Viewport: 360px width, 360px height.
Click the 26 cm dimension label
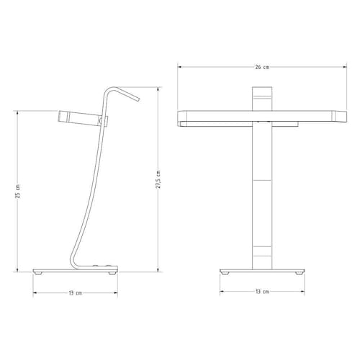[x=262, y=67]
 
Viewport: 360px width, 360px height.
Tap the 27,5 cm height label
[x=158, y=179]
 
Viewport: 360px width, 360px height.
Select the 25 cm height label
[x=18, y=191]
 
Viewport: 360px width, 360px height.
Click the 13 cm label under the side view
[x=76, y=293]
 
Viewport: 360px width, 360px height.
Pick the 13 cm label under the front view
[x=262, y=292]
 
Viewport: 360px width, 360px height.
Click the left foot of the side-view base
[x=38, y=273]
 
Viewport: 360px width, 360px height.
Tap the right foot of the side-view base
[x=112, y=273]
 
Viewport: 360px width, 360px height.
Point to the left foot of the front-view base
[x=225, y=273]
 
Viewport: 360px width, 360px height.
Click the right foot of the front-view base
[x=299, y=273]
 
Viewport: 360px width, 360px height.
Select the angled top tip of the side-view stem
[x=138, y=99]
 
